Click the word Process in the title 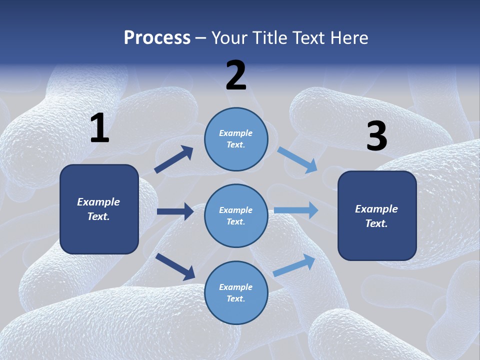157,38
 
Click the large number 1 99,128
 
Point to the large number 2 236,75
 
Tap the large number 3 376,136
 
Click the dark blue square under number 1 99,209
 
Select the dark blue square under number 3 377,215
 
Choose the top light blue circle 236,139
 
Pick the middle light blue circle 236,215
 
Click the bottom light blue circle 236,292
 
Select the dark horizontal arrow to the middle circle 175,211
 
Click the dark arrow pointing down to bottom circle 175,266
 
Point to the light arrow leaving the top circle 297,159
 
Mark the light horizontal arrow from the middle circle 296,210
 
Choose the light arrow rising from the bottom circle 294,265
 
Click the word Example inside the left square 98,202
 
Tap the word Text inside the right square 376,223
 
